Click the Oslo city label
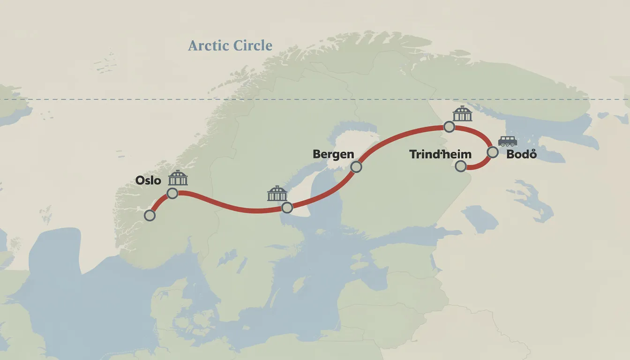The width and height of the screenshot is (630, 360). [148, 180]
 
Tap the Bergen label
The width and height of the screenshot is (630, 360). [333, 154]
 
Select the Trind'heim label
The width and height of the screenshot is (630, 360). [440, 154]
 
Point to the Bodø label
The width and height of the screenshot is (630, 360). [521, 154]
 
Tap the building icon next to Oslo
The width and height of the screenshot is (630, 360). [178, 178]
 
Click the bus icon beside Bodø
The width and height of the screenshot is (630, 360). [508, 141]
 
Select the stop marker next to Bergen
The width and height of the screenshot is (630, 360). [356, 166]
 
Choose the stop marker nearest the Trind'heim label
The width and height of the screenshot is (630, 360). [461, 165]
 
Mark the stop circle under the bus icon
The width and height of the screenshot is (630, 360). [492, 152]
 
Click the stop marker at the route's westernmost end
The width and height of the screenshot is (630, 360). [150, 215]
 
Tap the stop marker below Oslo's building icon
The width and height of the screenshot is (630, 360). [172, 193]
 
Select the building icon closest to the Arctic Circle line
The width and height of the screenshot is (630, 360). [463, 113]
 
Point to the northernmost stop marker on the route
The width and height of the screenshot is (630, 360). [449, 127]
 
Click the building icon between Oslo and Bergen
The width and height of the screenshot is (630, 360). [277, 193]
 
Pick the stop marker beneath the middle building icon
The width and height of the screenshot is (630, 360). [287, 207]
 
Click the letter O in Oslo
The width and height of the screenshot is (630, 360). [140, 180]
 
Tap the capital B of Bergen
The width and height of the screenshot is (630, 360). [316, 154]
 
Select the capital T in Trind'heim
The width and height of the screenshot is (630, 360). [413, 154]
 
